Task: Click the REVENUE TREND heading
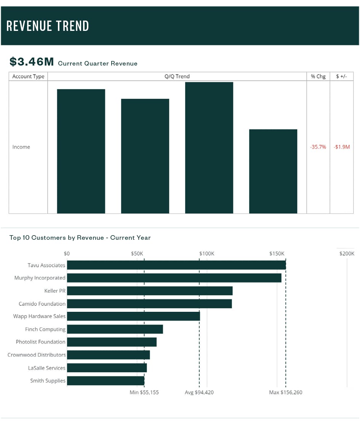tap(48, 26)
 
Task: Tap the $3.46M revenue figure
tap(32, 62)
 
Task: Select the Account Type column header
tap(28, 76)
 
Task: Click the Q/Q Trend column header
tap(177, 76)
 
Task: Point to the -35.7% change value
tap(318, 147)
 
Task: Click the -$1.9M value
tap(341, 147)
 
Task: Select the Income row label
tap(21, 147)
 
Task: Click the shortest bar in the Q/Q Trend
tap(273, 171)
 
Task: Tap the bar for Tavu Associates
tap(176, 265)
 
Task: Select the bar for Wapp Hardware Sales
tap(133, 316)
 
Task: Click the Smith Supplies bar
tap(106, 380)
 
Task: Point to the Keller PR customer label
tap(55, 291)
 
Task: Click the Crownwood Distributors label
tap(37, 355)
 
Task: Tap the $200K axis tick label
tap(347, 253)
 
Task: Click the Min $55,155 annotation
tap(144, 392)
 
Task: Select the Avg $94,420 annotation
tap(199, 392)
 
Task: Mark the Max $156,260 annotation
tap(285, 392)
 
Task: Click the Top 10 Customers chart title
tap(80, 237)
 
